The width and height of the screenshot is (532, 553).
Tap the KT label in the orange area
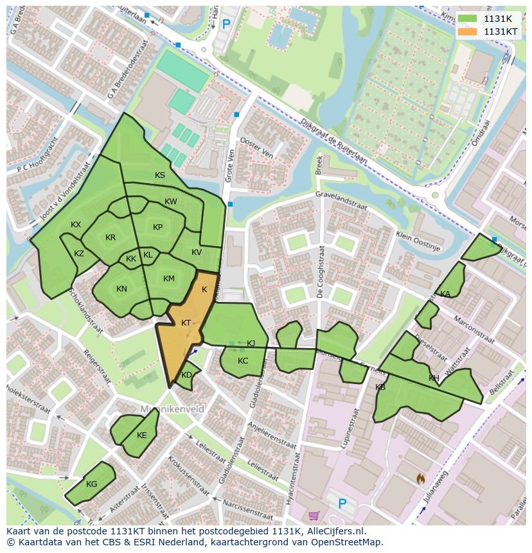[x=186, y=323]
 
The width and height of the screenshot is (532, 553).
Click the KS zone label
[x=160, y=175]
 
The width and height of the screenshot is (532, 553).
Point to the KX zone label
[x=76, y=225]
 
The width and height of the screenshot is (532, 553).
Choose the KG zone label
[x=91, y=484]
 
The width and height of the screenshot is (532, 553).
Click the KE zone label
[x=142, y=435]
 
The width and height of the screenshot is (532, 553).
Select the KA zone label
[x=445, y=294]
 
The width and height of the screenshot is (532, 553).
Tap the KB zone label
[x=380, y=387]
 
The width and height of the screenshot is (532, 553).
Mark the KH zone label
[x=434, y=378]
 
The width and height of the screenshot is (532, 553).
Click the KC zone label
[x=243, y=361]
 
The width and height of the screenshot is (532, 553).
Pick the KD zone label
[x=186, y=375]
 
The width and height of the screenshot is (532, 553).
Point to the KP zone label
[x=157, y=227]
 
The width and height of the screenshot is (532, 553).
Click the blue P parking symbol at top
[x=226, y=24]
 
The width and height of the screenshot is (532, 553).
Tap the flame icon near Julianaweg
[x=420, y=478]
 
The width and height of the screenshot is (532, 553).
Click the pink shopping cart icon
[x=314, y=515]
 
